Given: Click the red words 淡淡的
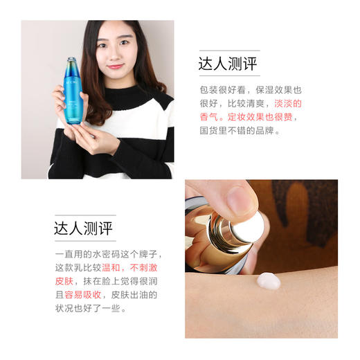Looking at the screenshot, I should click(287, 103).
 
